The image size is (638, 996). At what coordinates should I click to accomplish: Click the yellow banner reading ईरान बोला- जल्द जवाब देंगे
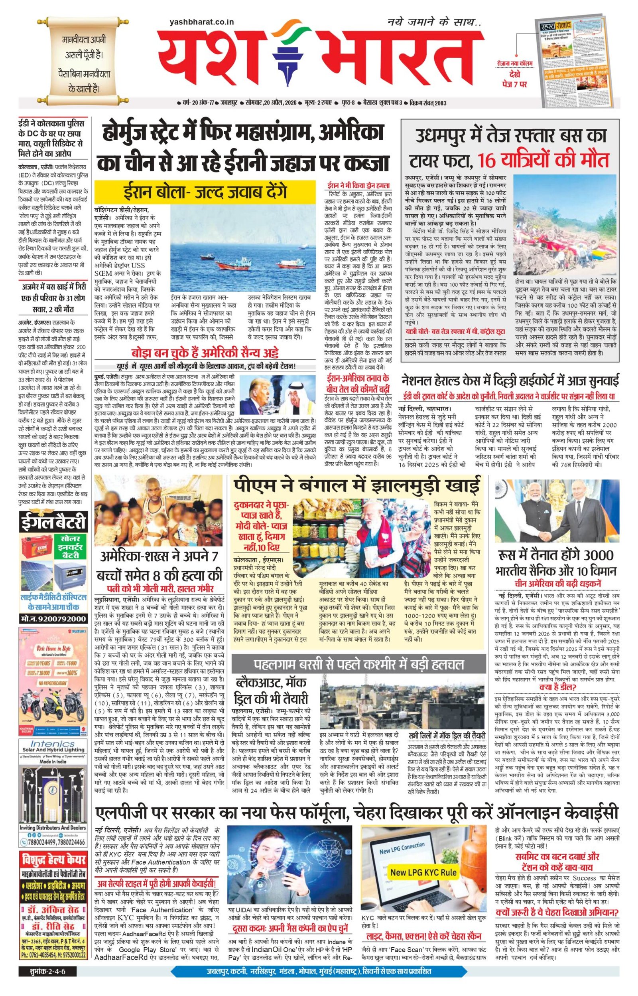[x=206, y=193]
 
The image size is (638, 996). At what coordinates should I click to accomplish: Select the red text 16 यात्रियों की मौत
[x=543, y=160]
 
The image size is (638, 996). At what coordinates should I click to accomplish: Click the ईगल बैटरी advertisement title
[x=53, y=523]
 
